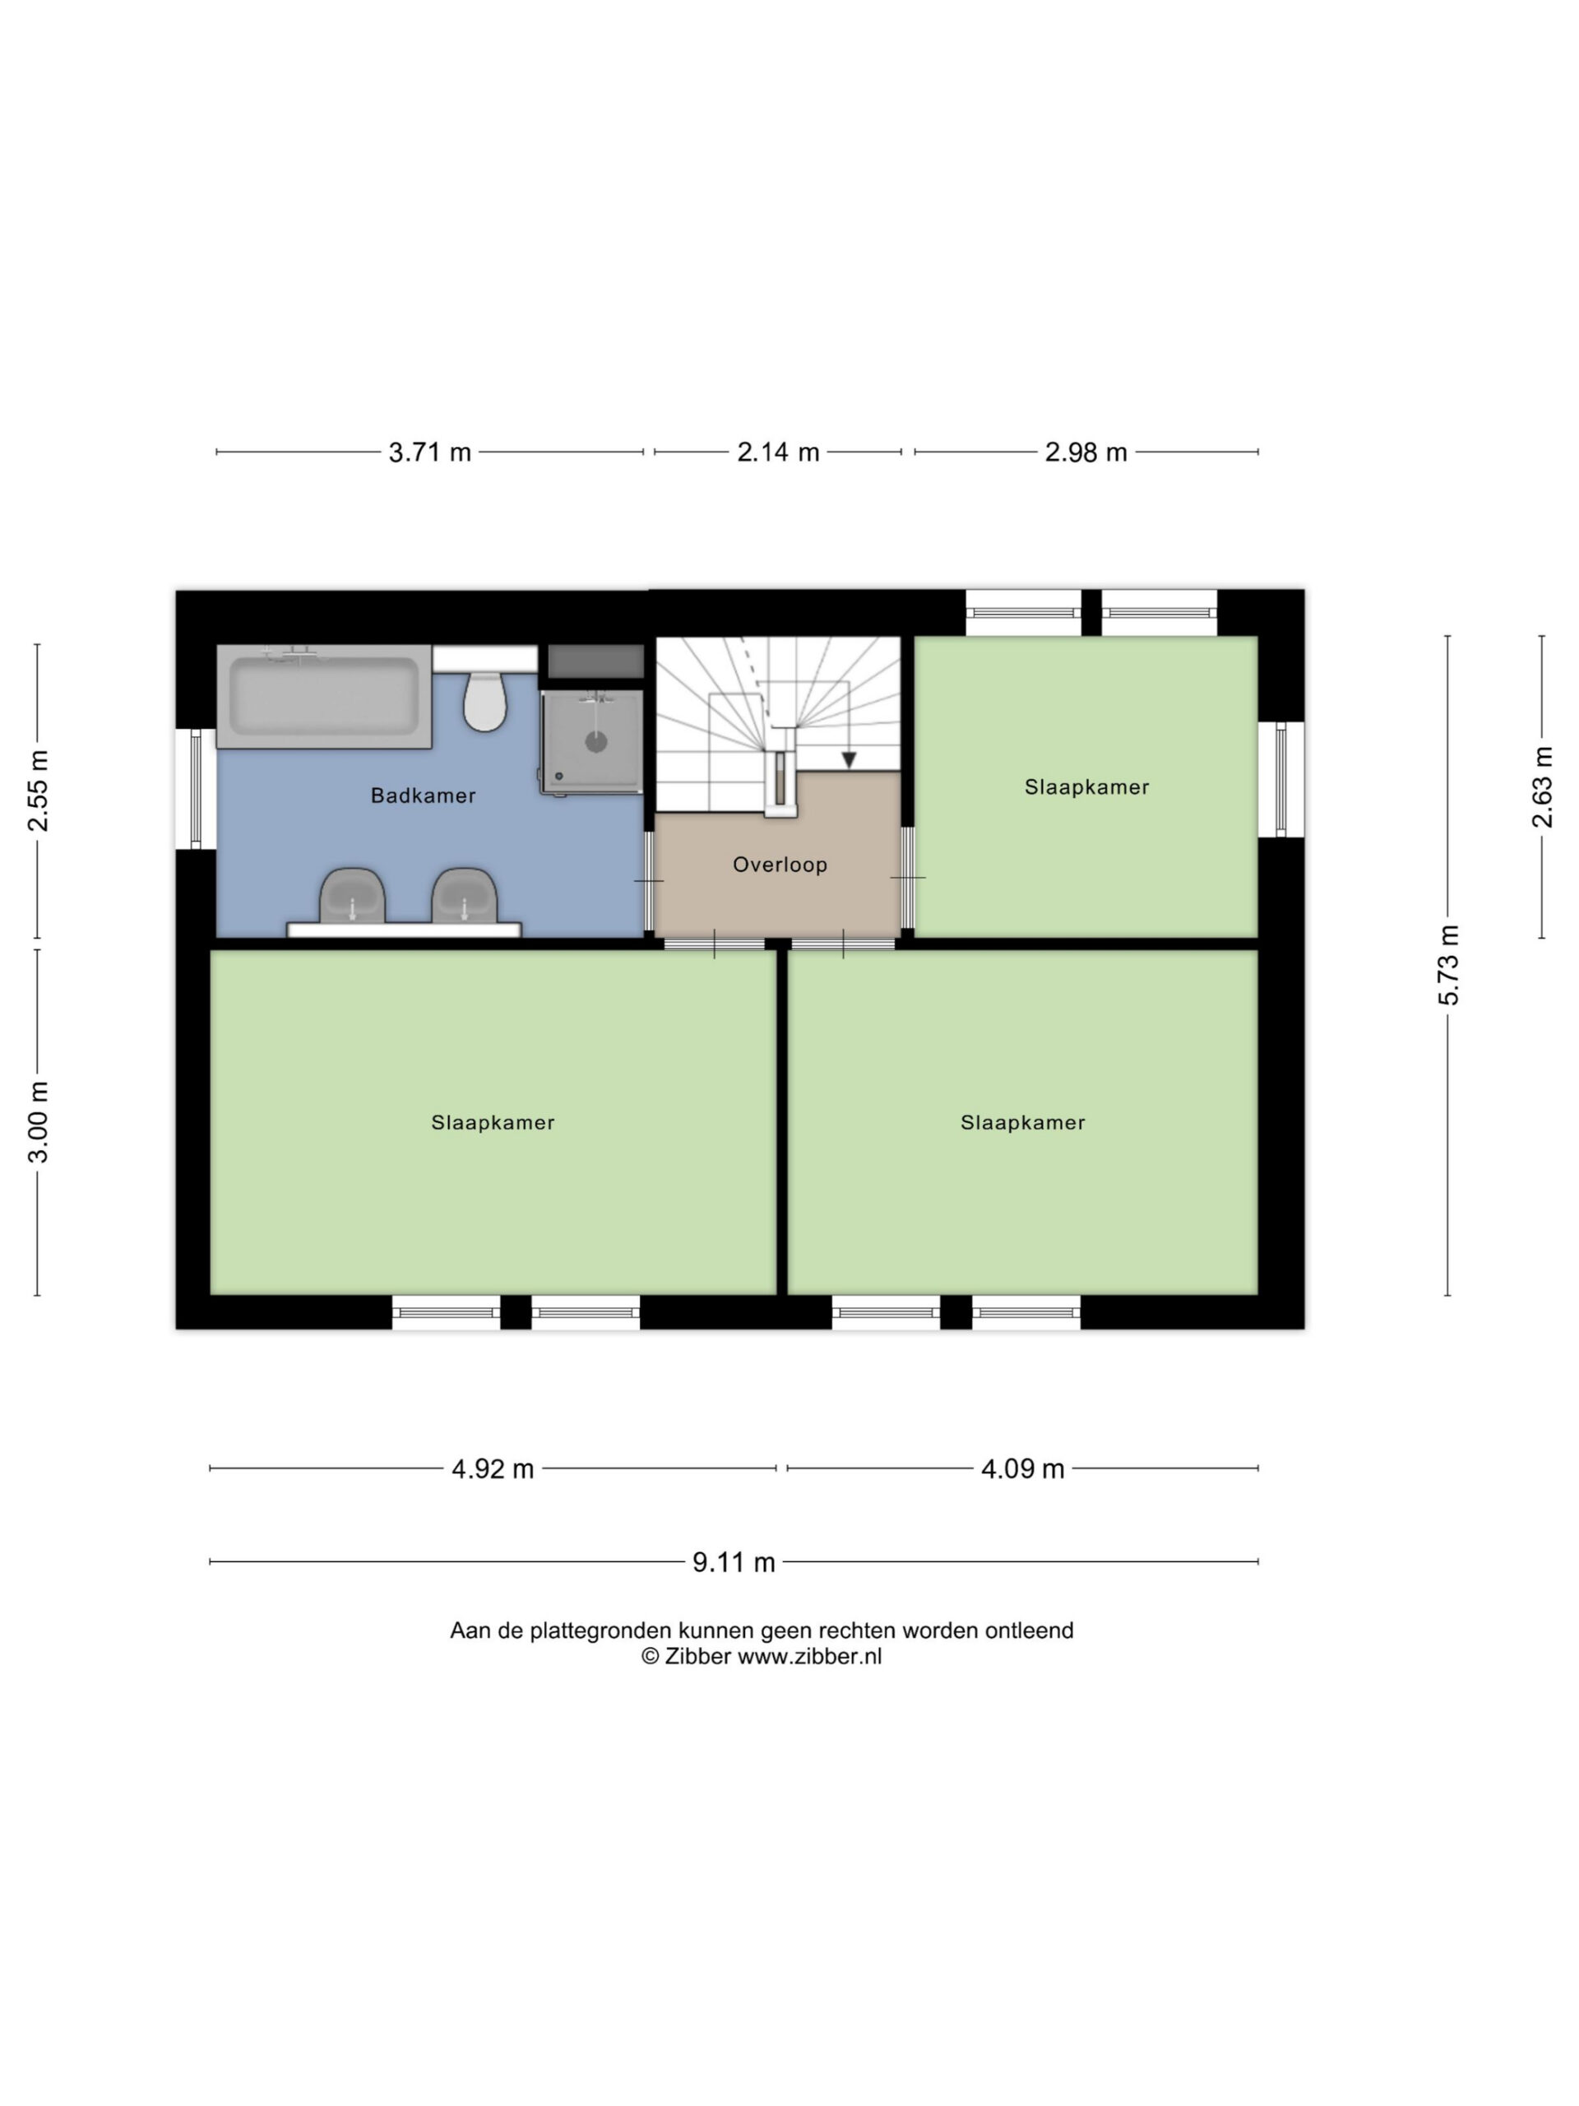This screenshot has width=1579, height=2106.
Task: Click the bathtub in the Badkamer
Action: point(323,696)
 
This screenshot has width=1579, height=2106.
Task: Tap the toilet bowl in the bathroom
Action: point(484,702)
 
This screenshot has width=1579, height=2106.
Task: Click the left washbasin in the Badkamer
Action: point(352,896)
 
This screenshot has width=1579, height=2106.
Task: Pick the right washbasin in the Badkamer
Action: point(465,896)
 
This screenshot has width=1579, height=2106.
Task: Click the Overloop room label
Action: point(780,865)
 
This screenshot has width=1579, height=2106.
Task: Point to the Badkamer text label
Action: point(423,795)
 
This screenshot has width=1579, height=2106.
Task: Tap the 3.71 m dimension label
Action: point(429,452)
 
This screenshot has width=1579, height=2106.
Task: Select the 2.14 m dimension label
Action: point(778,452)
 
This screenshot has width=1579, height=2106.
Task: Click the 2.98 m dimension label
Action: point(1086,452)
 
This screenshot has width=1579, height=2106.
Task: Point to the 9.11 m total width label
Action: point(733,1562)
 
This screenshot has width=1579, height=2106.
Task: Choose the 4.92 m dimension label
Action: point(492,1469)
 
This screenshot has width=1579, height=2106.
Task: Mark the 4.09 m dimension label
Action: point(1022,1469)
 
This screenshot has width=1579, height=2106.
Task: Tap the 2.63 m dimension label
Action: point(1542,786)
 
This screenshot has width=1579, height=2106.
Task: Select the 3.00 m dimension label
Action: point(37,1121)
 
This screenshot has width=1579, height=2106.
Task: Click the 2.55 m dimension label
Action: point(37,791)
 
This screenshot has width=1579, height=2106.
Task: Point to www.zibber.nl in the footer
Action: point(810,1656)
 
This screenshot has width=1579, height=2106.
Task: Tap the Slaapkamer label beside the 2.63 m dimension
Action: point(1087,786)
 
